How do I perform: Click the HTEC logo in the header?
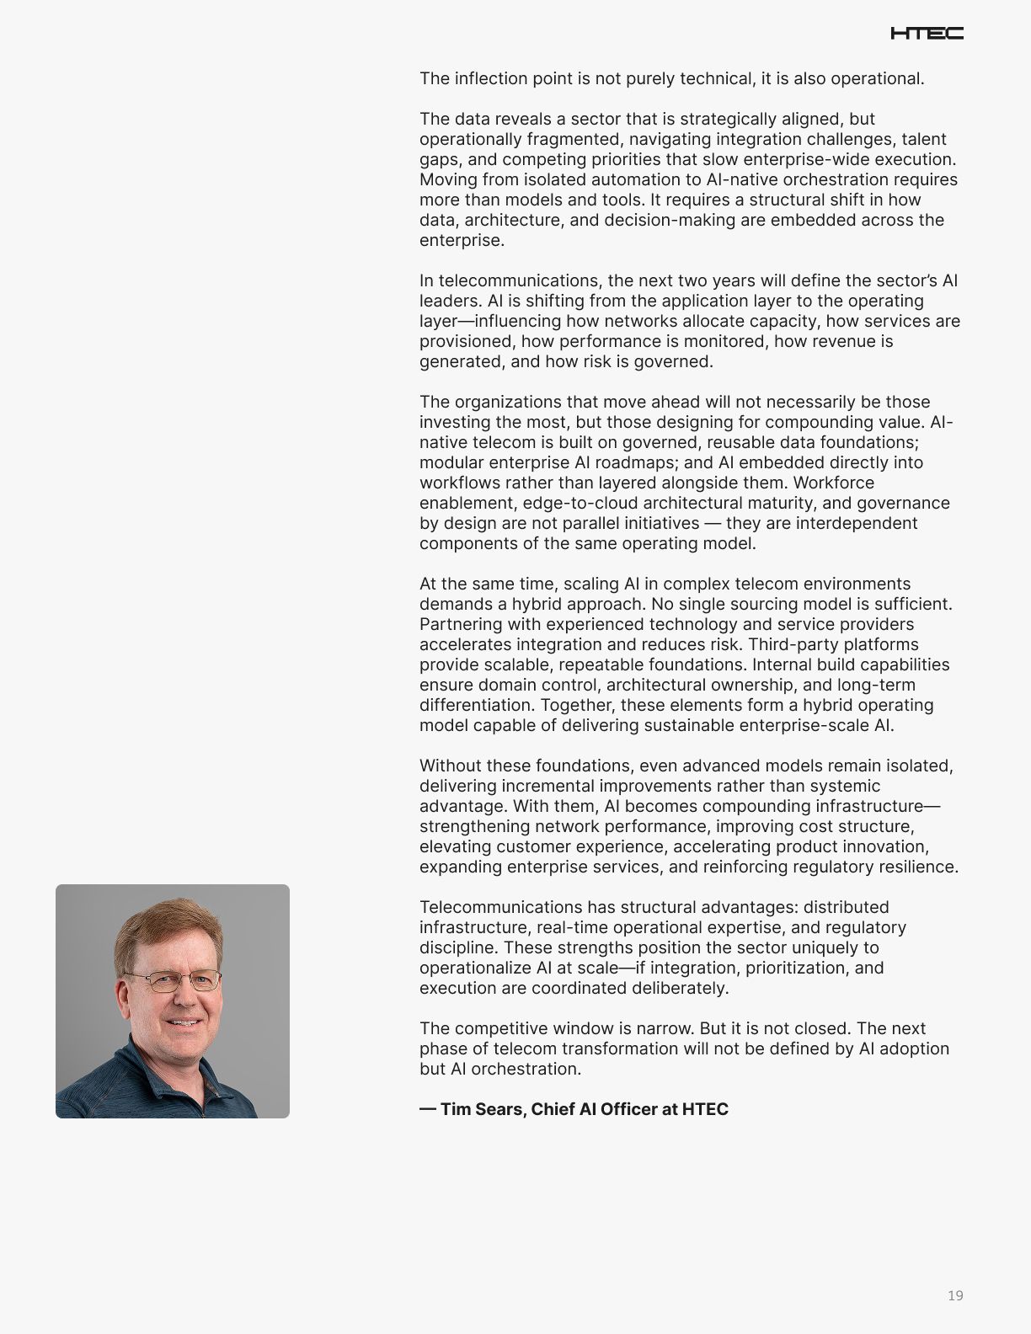[x=927, y=34]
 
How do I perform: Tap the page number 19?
[x=955, y=1295]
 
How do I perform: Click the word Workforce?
[x=834, y=483]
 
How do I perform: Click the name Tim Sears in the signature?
[x=481, y=1109]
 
